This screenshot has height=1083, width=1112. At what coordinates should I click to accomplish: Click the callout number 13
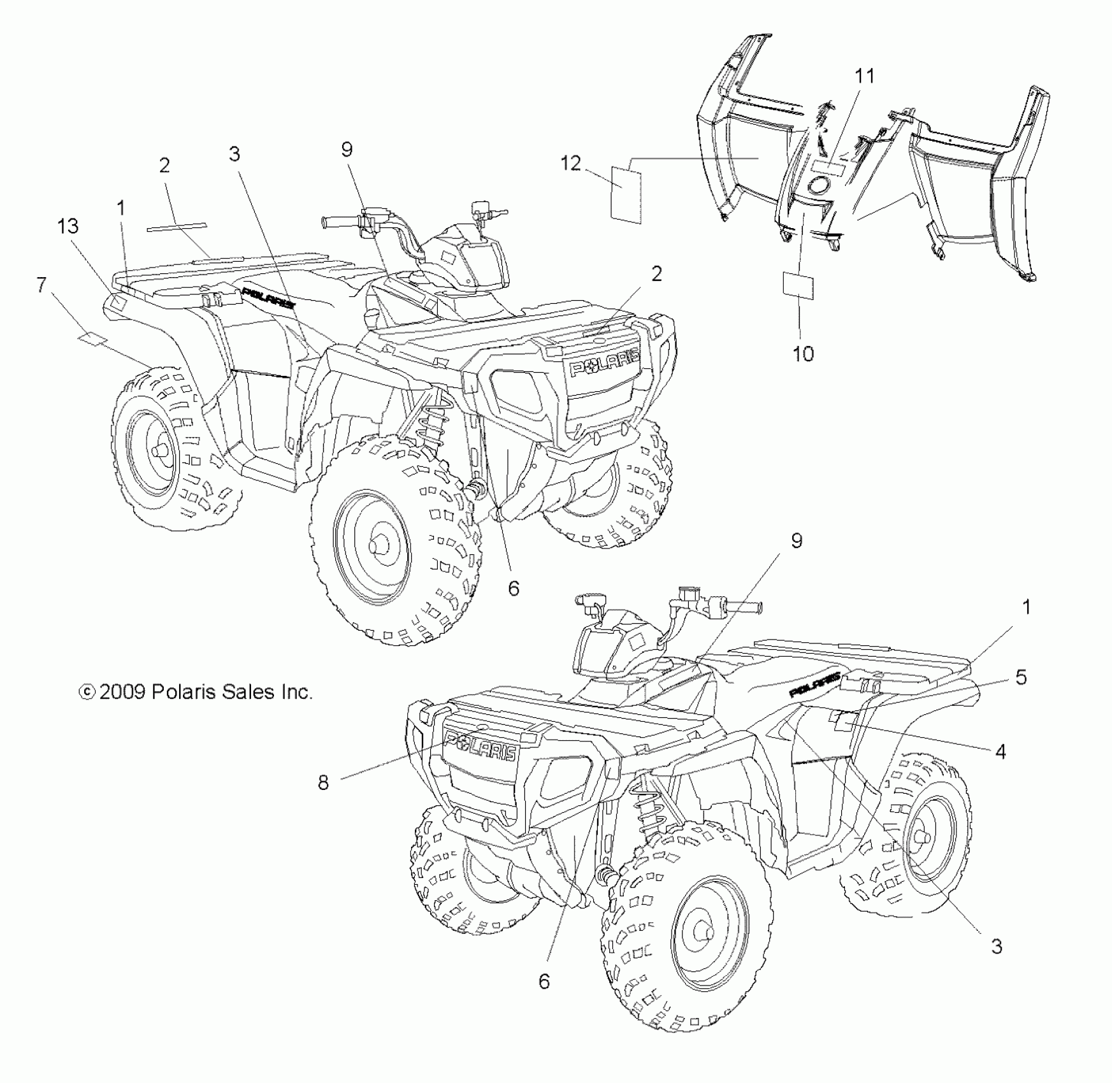click(x=68, y=226)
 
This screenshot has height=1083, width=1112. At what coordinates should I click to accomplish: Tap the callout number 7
click(x=42, y=285)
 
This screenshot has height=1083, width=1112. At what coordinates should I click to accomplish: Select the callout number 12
click(x=570, y=164)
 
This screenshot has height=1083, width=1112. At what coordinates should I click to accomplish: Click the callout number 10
click(x=803, y=354)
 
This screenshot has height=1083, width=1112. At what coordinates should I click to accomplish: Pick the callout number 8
click(x=324, y=782)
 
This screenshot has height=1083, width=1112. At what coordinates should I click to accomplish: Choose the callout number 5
click(x=1021, y=677)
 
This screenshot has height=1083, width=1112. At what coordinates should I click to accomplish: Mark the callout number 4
click(x=1000, y=752)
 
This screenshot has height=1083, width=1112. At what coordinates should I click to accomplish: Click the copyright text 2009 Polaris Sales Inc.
click(x=195, y=692)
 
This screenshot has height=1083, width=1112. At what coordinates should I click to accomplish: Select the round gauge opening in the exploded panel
click(x=819, y=186)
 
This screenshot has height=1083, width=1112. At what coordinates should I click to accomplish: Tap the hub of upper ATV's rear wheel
click(x=158, y=450)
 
